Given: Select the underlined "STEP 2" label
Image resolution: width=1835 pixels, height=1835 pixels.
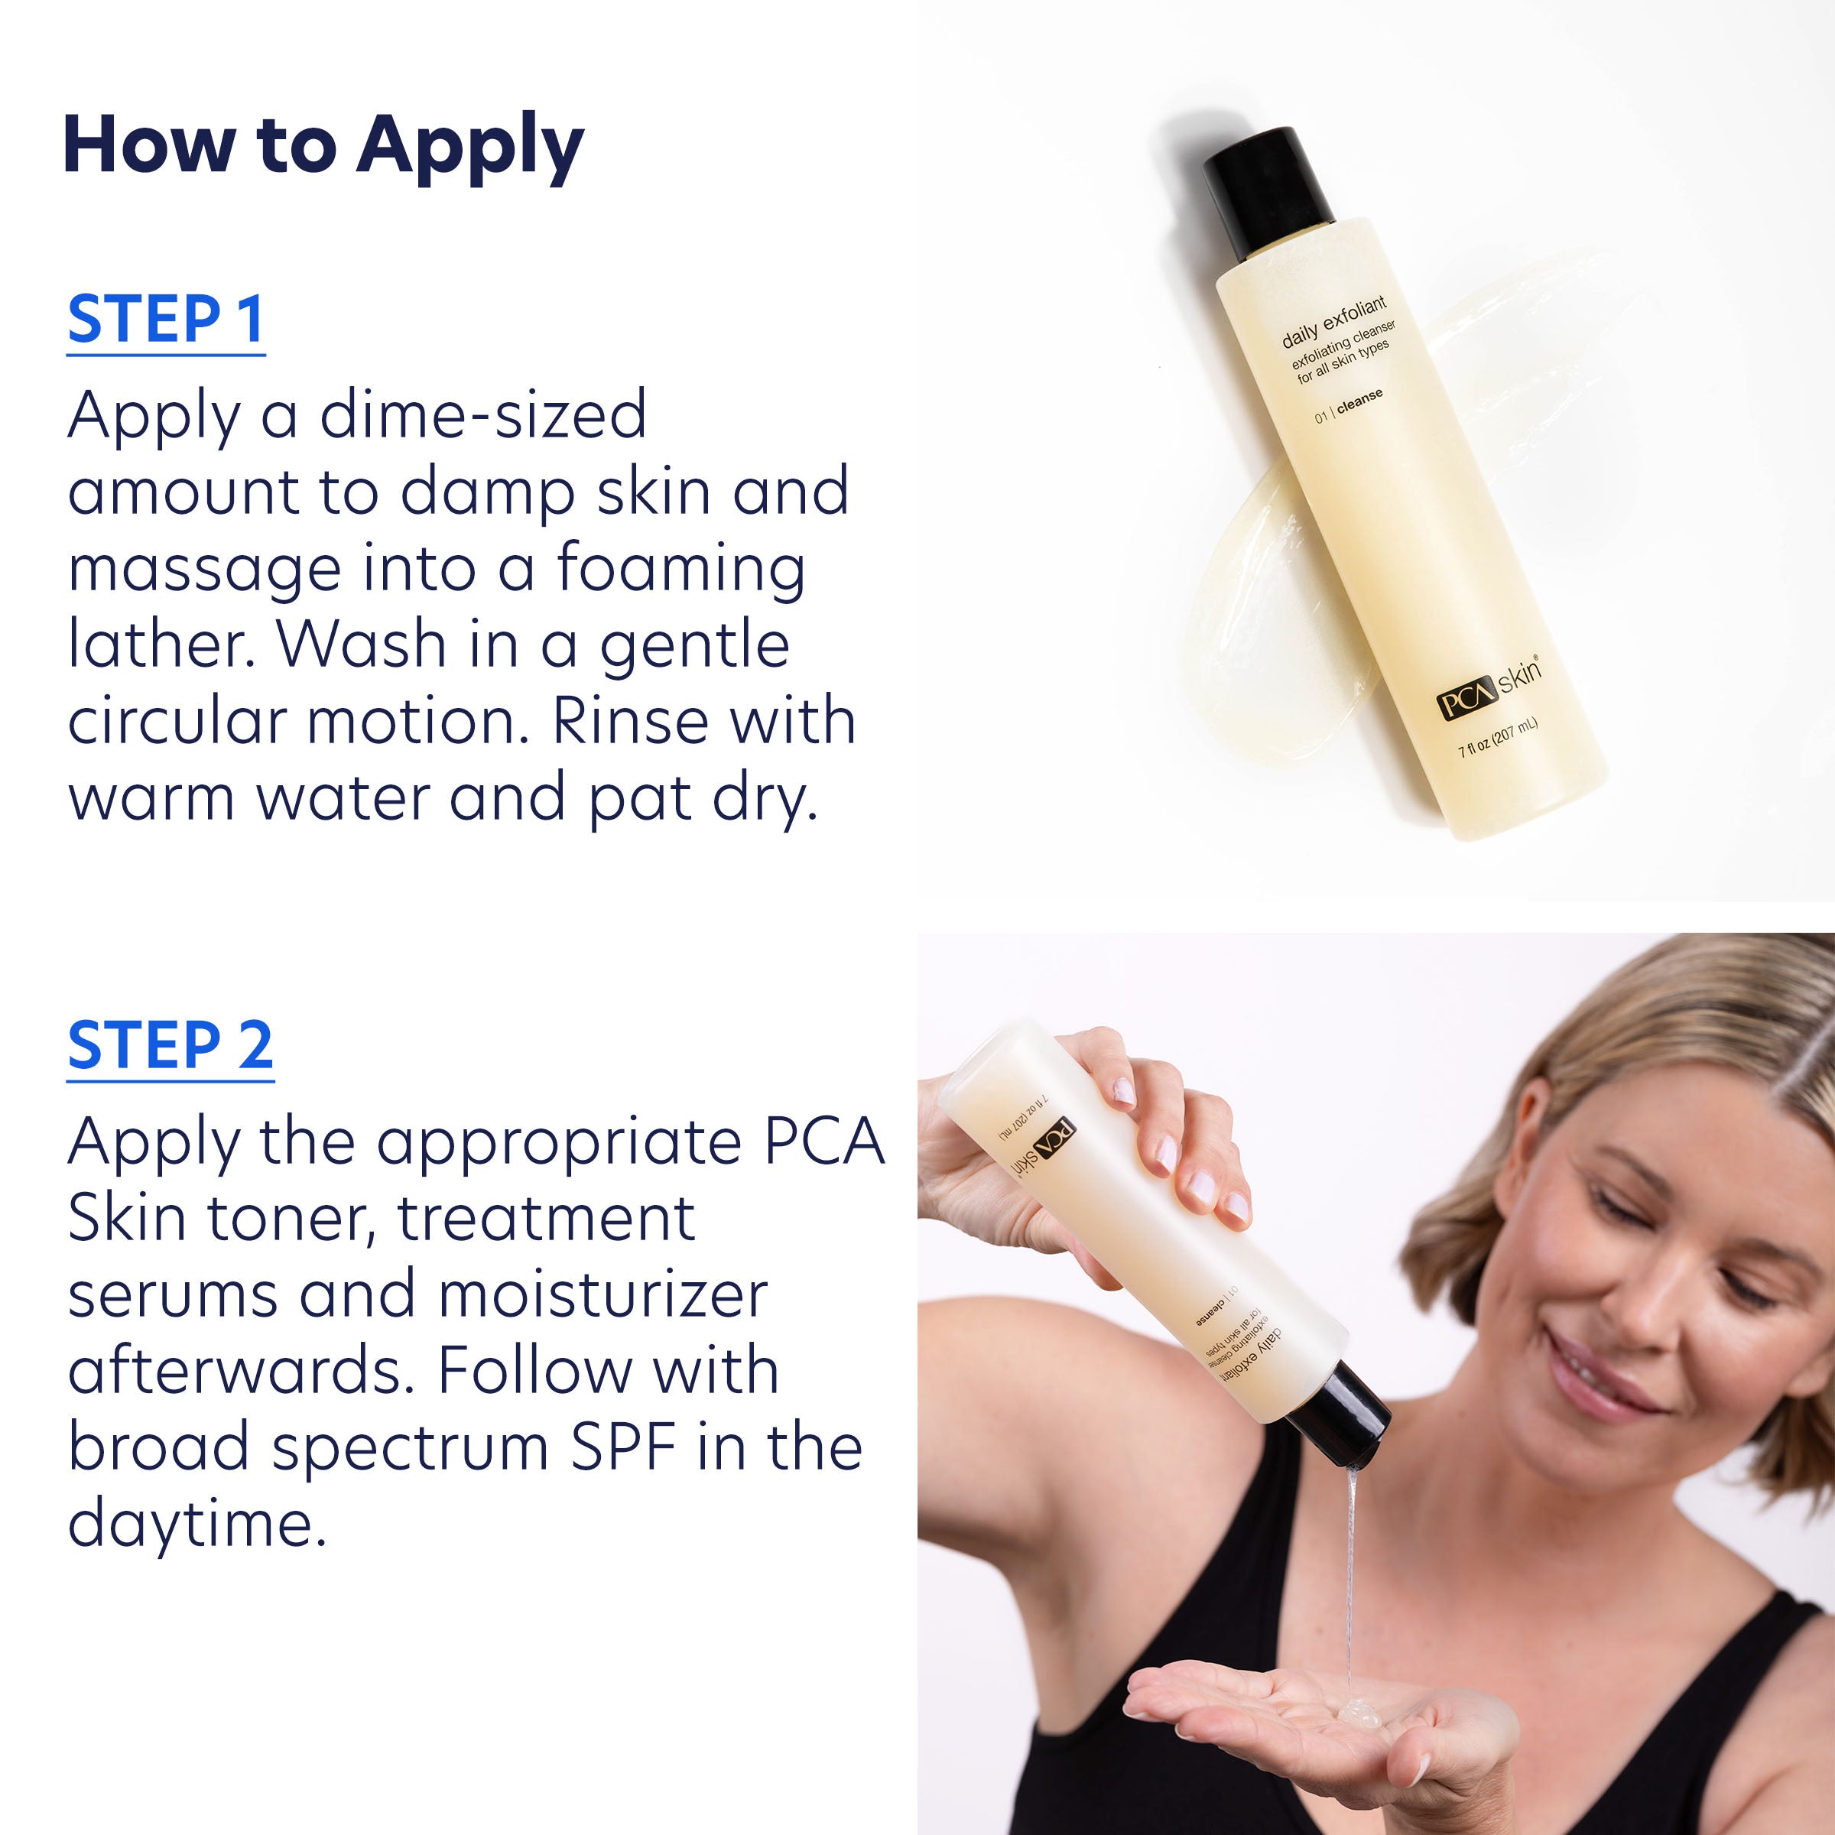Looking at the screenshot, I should tap(170, 1044).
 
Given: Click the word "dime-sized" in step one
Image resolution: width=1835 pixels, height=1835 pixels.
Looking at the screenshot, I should tap(482, 416).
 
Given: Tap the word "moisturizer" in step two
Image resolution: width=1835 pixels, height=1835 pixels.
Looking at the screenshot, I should tap(603, 1294).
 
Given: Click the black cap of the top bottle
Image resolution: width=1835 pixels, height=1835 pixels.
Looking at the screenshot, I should tap(1268, 190).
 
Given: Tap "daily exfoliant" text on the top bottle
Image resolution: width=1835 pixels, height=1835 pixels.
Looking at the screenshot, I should tap(1333, 323).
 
